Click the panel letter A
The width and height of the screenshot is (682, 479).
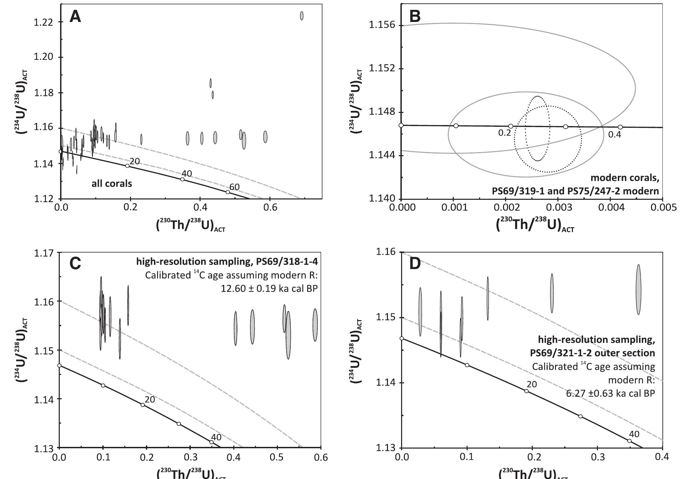[75, 17]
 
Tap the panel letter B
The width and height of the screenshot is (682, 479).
[415, 16]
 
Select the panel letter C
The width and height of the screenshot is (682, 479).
[75, 263]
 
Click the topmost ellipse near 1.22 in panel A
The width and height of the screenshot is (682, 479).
[301, 16]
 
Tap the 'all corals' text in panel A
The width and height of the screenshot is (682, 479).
[112, 184]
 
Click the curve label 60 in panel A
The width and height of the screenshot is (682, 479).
[234, 187]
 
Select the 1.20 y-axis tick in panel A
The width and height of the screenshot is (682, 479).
[44, 57]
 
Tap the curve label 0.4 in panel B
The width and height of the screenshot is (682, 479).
[614, 135]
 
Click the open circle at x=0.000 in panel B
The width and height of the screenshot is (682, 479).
[401, 125]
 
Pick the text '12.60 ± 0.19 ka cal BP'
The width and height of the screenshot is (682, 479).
[269, 288]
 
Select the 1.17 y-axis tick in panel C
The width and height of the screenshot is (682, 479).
[44, 253]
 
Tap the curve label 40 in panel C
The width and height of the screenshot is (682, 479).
[216, 437]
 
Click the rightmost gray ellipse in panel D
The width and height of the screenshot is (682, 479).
[638, 289]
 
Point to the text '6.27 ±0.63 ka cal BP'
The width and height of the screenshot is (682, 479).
[610, 393]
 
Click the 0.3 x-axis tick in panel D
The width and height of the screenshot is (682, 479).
[598, 457]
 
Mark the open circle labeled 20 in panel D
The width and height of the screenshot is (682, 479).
[526, 391]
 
